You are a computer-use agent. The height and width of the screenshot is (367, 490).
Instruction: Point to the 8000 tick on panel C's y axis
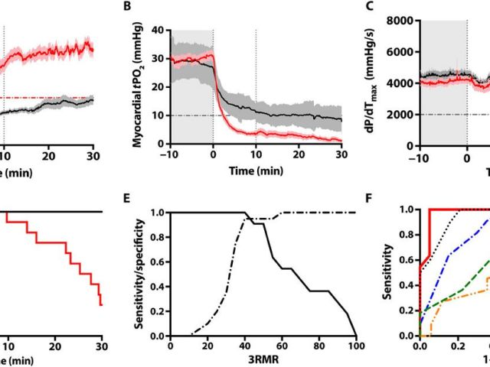[x=407, y=21]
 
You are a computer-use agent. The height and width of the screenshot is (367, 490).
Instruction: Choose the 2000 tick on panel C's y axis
[x=407, y=115]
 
